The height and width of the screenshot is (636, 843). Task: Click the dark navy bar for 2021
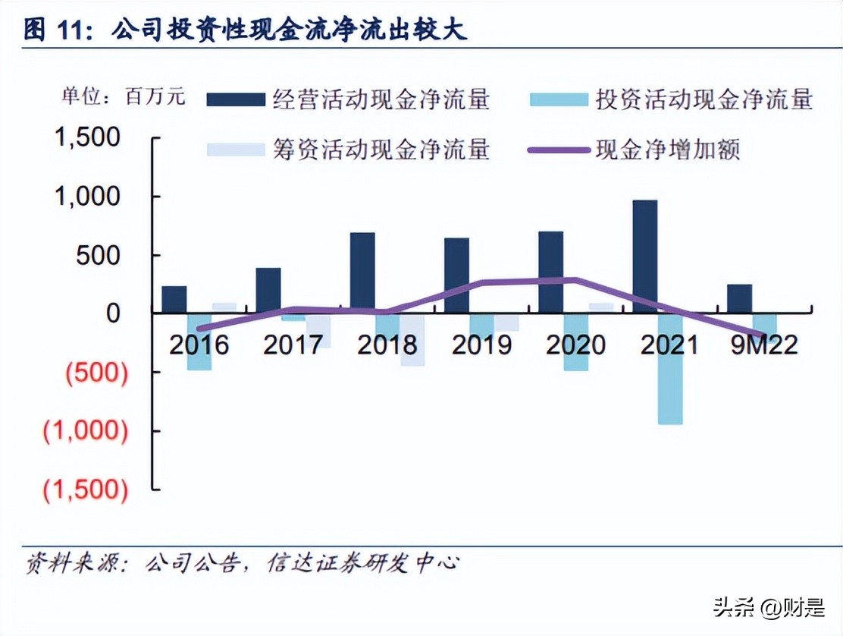pos(644,256)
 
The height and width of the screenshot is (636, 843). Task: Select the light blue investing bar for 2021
pos(670,368)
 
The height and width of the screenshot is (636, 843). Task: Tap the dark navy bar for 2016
pos(174,299)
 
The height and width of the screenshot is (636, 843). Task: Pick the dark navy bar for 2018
pos(362,272)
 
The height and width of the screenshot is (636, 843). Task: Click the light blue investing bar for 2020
pos(576,342)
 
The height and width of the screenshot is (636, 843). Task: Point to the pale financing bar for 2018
pos(412,339)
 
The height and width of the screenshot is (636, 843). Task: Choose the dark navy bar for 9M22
pos(739,298)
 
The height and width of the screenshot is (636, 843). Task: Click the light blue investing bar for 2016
pos(199,342)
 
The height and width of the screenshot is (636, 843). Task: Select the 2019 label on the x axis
pos(481,345)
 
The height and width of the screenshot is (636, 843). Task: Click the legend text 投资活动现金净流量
pos(704,99)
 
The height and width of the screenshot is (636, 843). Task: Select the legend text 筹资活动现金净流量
pos(381,149)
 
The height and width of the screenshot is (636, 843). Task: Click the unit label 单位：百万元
pos(124,97)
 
